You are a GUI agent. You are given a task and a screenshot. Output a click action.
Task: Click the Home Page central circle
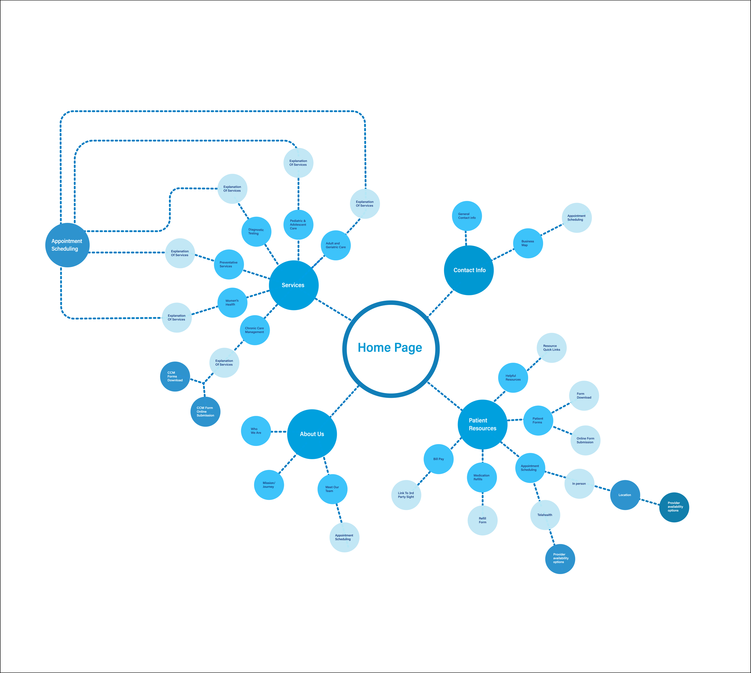(x=391, y=349)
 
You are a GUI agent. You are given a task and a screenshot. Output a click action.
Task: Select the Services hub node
(x=294, y=285)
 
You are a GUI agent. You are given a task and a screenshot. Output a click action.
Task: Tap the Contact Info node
(x=469, y=270)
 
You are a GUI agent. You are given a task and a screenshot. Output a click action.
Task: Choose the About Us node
(x=312, y=434)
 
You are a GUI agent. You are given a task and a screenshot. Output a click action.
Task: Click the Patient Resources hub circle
(x=482, y=425)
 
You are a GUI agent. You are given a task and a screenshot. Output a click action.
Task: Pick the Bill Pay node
(x=439, y=459)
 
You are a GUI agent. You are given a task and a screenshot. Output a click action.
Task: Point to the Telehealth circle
(x=545, y=515)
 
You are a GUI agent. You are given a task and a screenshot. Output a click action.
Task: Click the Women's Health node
(x=232, y=303)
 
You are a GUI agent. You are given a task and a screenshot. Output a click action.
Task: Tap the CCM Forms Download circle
(x=175, y=376)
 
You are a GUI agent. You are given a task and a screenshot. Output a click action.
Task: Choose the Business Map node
(x=528, y=243)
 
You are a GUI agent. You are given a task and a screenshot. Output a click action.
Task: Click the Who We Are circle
(x=256, y=431)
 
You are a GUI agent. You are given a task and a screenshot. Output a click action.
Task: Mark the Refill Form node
(x=482, y=520)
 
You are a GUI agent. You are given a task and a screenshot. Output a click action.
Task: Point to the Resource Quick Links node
(x=552, y=348)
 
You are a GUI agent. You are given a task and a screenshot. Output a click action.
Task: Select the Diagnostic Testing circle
(x=256, y=232)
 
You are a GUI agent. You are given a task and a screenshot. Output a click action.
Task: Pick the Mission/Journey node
(x=269, y=485)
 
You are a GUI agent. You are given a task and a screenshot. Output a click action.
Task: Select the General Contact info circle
(x=467, y=216)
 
